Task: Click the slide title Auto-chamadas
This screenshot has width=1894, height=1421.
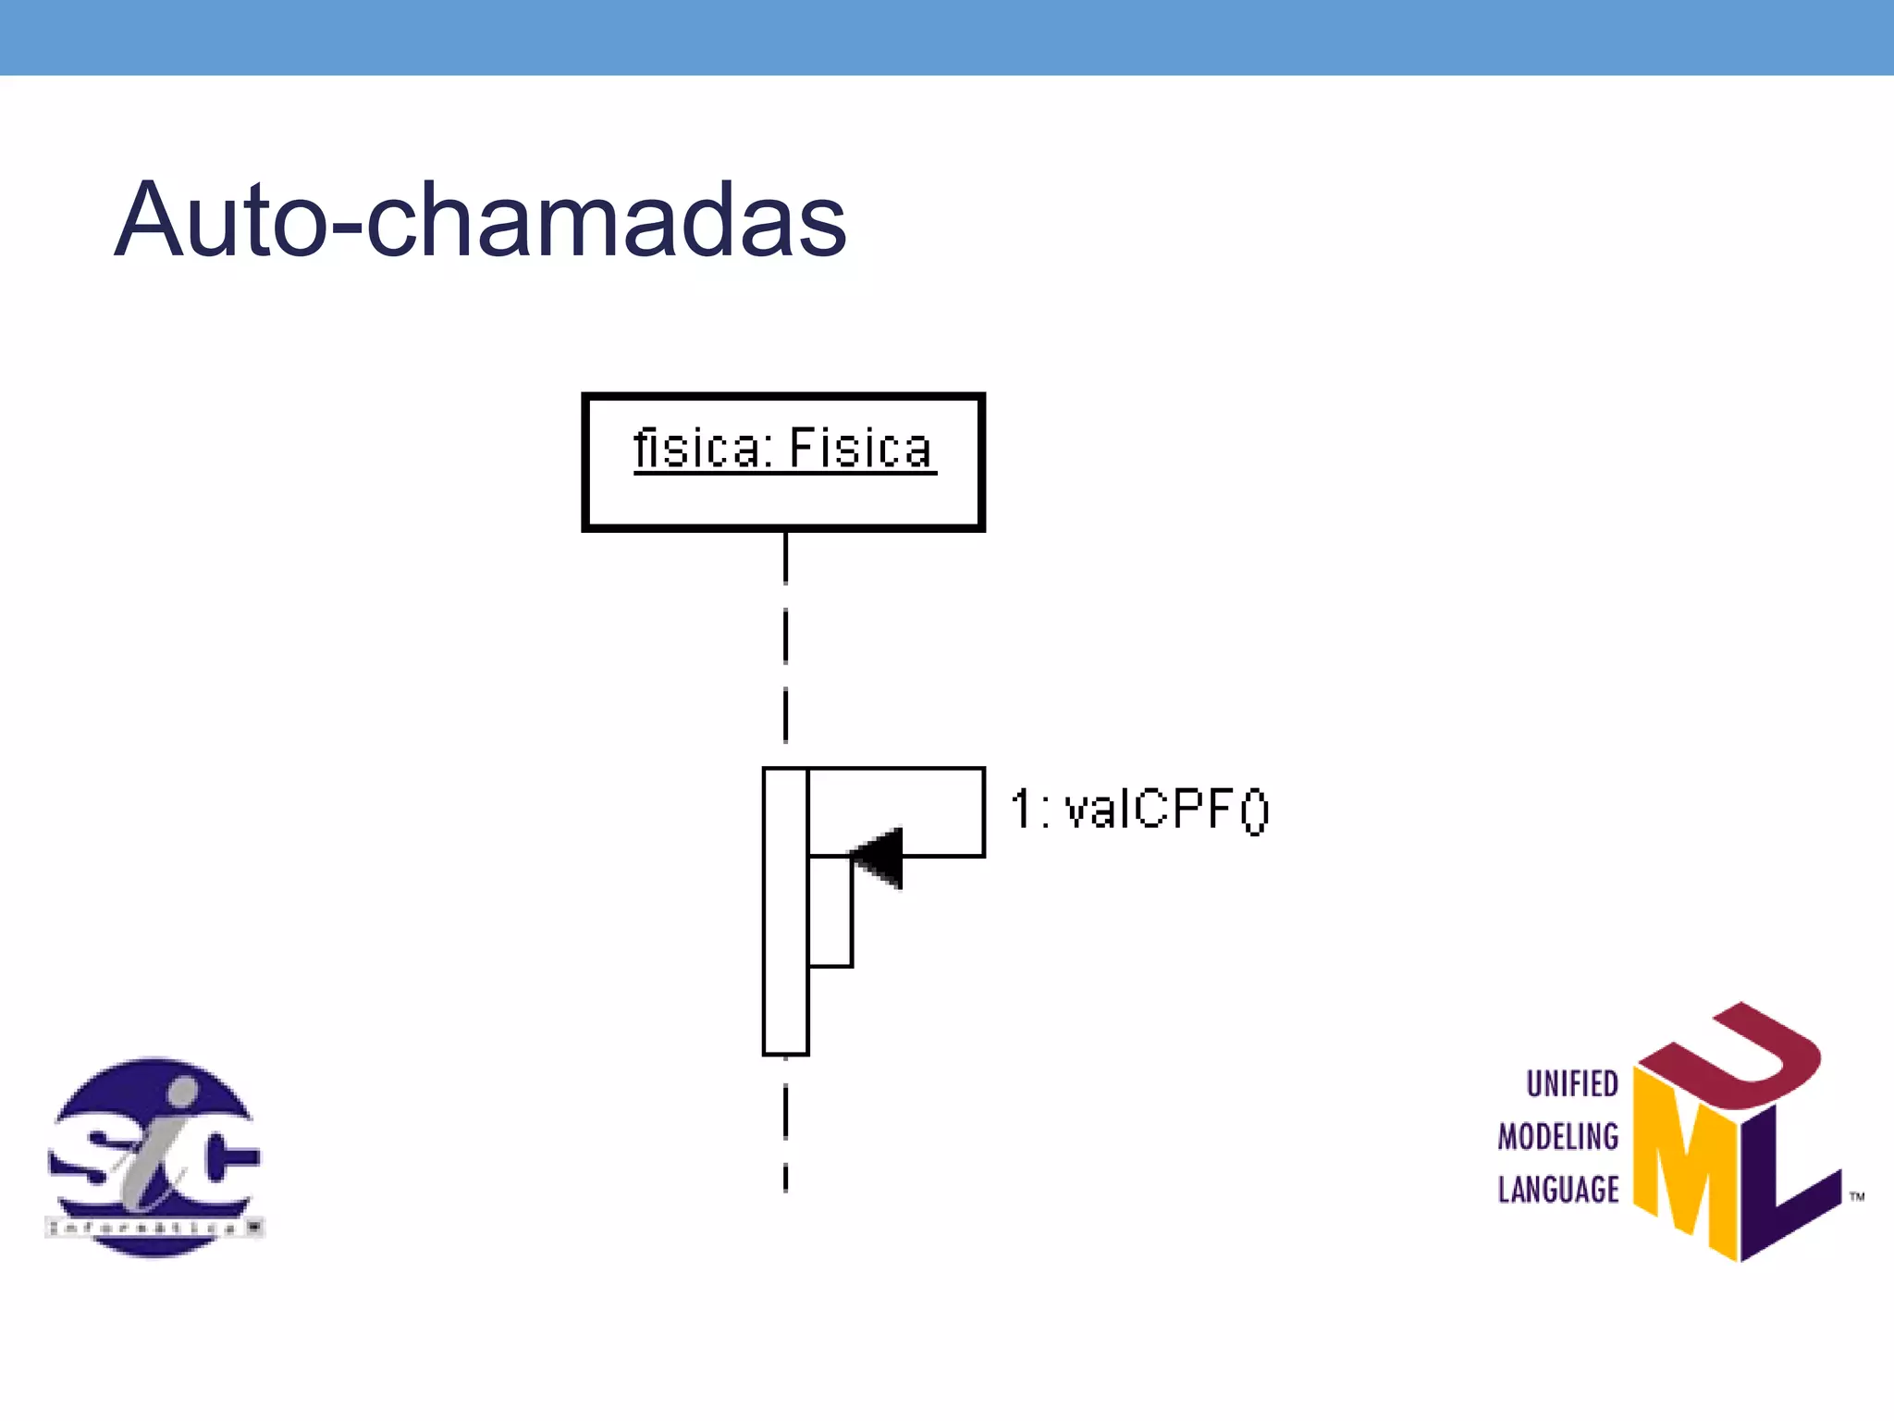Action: click(480, 220)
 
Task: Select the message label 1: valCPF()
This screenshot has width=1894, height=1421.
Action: click(1139, 809)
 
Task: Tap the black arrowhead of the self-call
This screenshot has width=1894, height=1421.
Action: click(879, 858)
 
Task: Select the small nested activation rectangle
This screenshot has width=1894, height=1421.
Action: click(830, 912)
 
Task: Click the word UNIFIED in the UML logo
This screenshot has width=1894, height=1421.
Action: click(1571, 1083)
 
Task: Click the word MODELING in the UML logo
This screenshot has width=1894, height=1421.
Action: click(1558, 1136)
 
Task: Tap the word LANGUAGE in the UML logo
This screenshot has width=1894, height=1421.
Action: click(1558, 1189)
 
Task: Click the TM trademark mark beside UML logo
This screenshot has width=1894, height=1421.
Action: click(1856, 1196)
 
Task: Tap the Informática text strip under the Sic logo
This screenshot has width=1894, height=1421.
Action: click(154, 1228)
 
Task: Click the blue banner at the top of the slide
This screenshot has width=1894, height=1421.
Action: click(947, 37)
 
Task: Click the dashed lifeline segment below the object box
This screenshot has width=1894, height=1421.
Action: click(785, 638)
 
